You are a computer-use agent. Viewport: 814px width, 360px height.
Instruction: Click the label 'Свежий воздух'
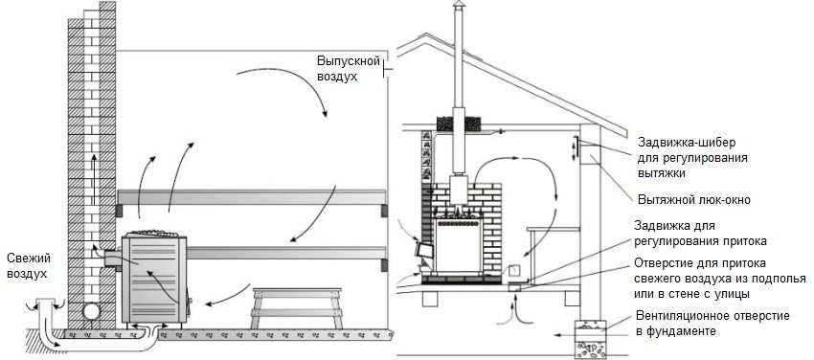tap(28, 265)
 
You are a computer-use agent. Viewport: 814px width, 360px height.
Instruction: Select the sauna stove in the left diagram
tap(154, 273)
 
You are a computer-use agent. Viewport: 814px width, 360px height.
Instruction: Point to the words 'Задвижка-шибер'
tap(682, 140)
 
